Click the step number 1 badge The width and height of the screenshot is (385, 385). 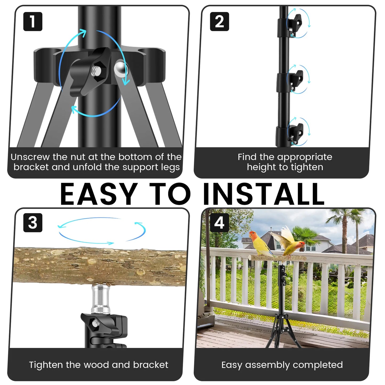click(x=33, y=22)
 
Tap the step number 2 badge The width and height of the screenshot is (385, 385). click(x=219, y=22)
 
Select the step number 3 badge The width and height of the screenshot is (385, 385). click(x=33, y=223)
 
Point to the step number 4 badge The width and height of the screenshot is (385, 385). click(x=219, y=223)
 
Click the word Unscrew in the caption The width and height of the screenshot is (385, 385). click(x=30, y=157)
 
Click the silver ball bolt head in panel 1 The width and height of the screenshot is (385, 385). click(x=121, y=69)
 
